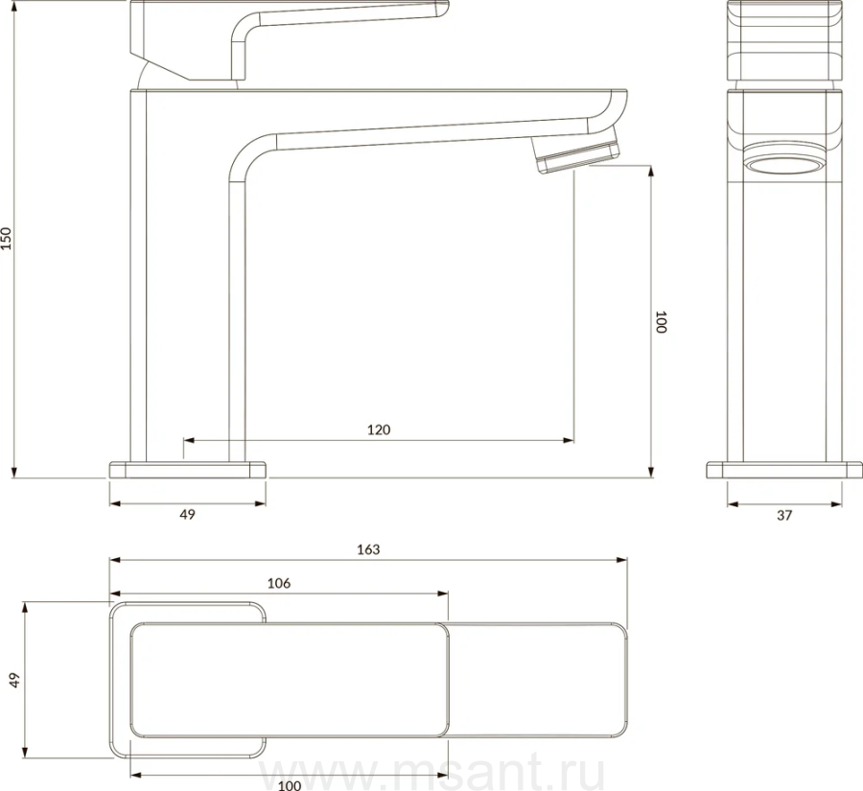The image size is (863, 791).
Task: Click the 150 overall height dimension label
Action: point(6,239)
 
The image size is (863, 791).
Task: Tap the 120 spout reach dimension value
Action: point(379,430)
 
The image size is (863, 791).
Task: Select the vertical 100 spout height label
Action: point(661,322)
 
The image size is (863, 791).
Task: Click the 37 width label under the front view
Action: point(784,515)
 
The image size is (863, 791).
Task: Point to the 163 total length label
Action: point(368,549)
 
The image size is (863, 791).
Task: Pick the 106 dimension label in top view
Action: point(279,584)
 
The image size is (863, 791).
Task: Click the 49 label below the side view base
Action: point(188,514)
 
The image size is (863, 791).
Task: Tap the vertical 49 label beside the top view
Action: point(14,680)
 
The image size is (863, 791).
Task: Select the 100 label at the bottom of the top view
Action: point(290,785)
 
